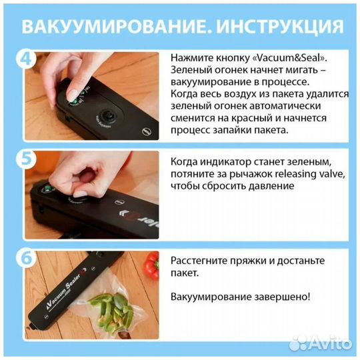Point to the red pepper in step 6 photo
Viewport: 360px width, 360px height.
pyautogui.click(x=153, y=265)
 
